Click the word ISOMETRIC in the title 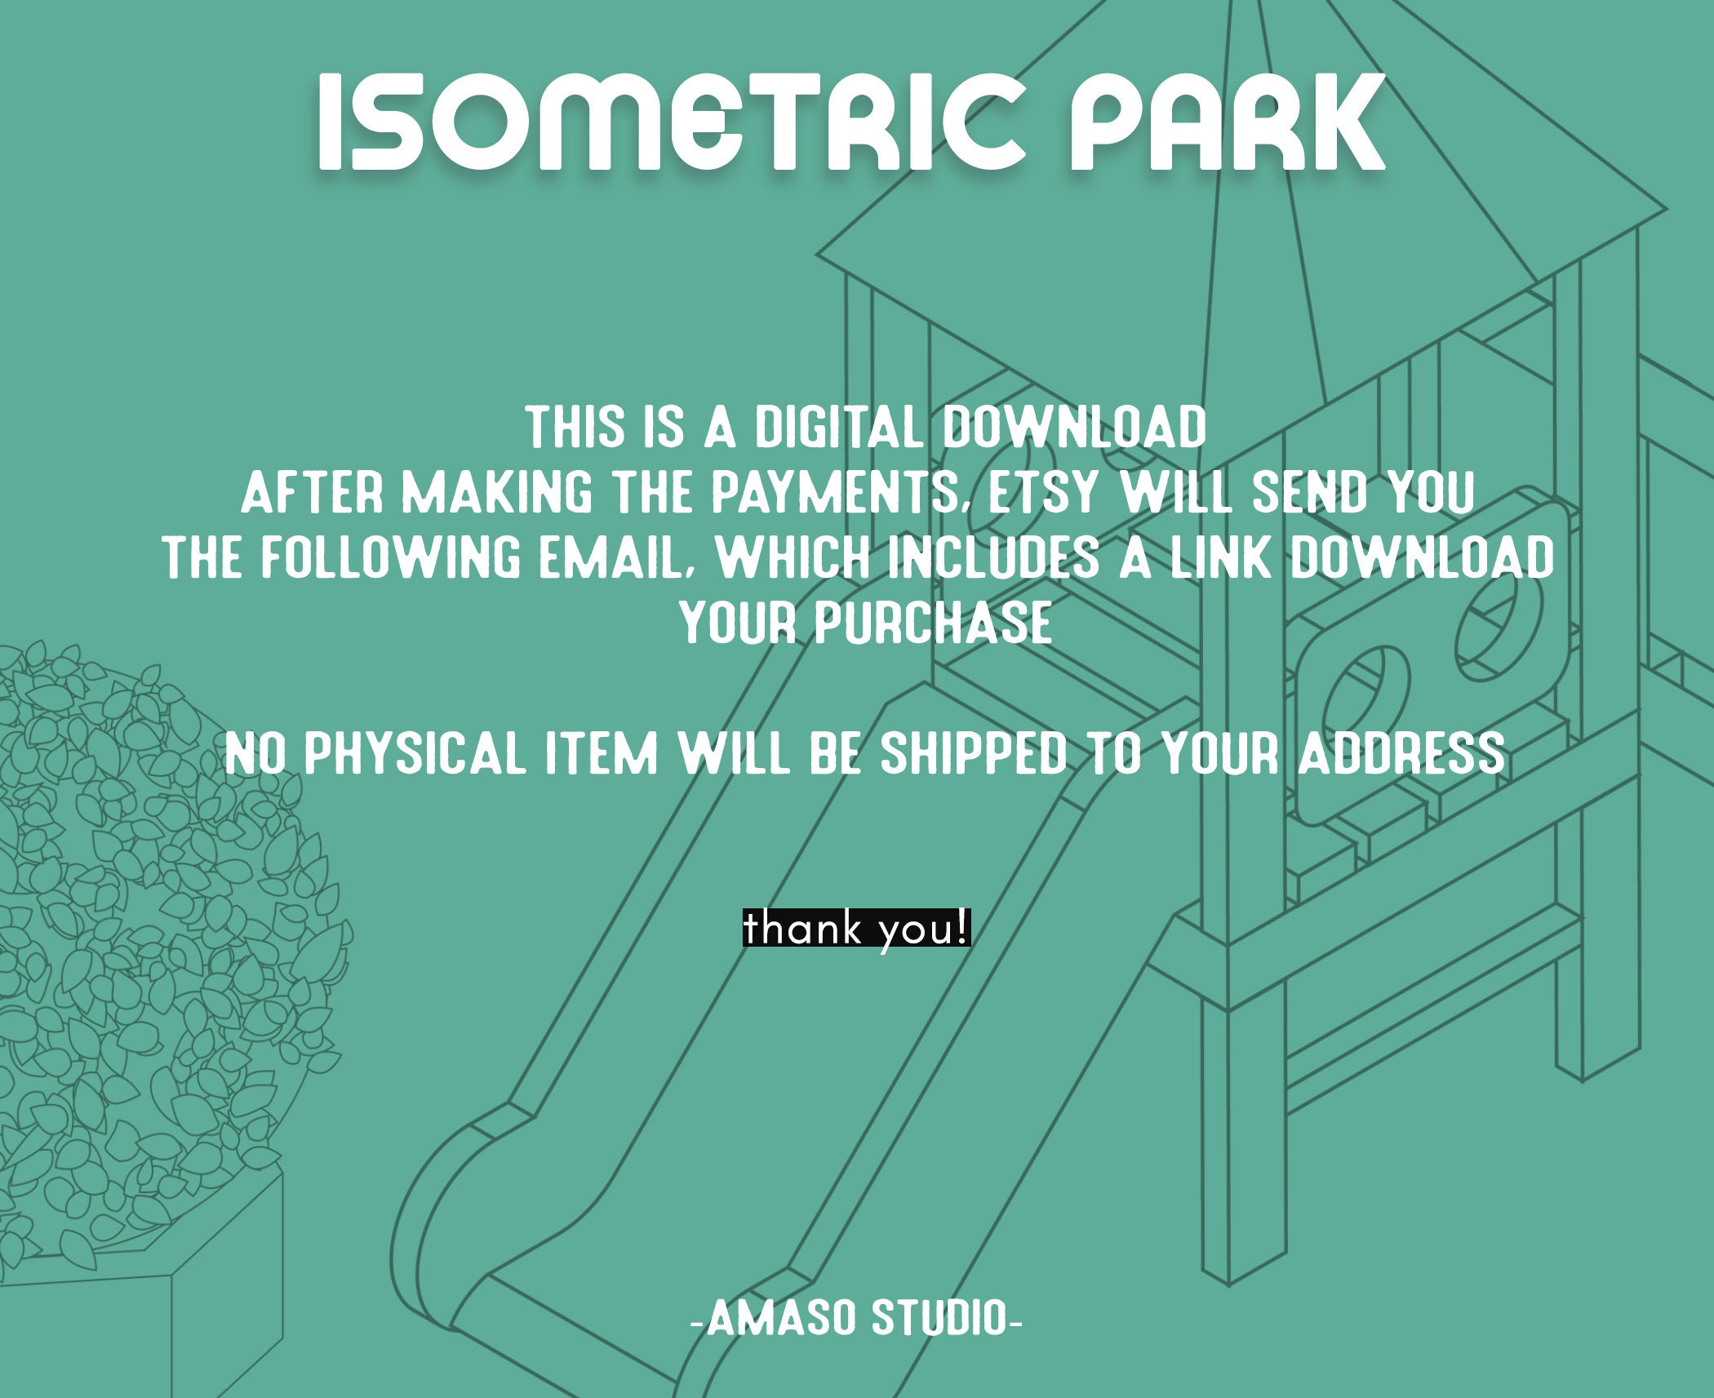pyautogui.click(x=669, y=122)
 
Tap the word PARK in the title pyautogui.click(x=1224, y=122)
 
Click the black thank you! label pyautogui.click(x=856, y=929)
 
